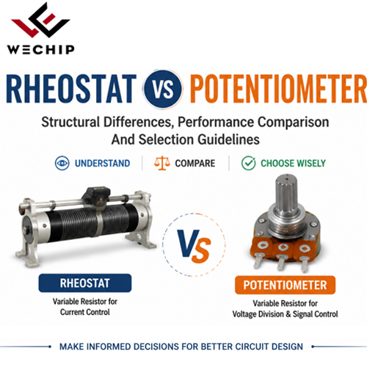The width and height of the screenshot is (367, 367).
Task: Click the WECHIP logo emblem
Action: tap(40, 20)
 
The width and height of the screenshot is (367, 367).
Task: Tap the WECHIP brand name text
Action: tap(40, 50)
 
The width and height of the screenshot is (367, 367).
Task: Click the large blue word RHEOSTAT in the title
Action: tap(71, 89)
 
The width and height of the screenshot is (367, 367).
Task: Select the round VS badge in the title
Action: tap(163, 89)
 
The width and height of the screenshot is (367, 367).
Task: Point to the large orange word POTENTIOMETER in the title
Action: tap(278, 89)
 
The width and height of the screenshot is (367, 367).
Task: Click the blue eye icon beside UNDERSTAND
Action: tap(62, 163)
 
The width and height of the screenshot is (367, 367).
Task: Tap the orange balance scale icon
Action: tap(161, 163)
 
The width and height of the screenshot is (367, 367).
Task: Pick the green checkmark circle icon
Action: tap(248, 163)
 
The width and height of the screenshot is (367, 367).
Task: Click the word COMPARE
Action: tap(195, 163)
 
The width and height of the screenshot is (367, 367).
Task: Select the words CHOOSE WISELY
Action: tap(293, 163)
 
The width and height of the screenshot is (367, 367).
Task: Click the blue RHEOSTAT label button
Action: tap(85, 283)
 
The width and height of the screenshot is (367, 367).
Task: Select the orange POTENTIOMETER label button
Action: tap(285, 285)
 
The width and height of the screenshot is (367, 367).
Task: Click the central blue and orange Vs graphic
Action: tap(194, 246)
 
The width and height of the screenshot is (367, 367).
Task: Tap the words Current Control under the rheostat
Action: tap(85, 312)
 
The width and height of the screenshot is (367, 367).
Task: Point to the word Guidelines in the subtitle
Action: tap(228, 139)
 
